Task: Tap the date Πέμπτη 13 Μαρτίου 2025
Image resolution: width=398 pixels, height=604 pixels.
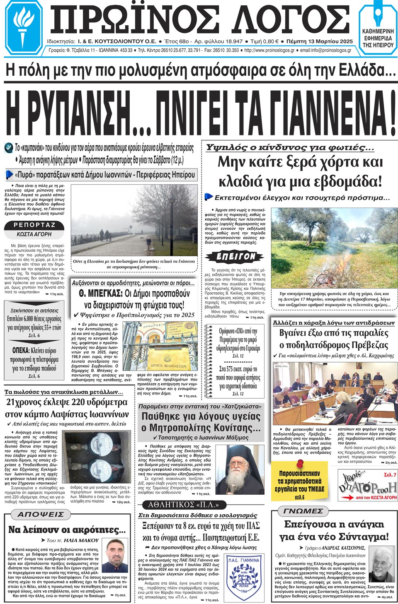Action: (320, 41)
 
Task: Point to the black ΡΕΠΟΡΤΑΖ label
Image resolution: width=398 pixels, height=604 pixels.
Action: (34, 225)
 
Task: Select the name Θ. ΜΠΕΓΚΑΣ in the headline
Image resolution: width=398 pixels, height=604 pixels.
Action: (101, 294)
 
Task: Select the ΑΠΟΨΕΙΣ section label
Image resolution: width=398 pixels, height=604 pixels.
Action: (41, 515)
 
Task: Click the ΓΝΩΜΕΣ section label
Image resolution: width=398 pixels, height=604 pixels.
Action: (303, 511)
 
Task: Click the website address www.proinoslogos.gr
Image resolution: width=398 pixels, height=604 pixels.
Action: (269, 51)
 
